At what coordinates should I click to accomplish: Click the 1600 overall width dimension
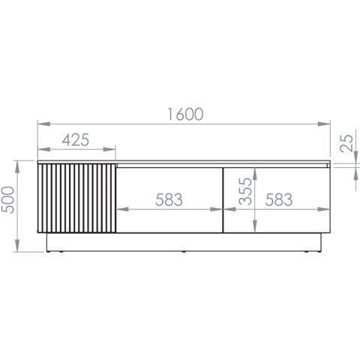coord(185,114)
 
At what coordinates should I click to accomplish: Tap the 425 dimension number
coord(76,139)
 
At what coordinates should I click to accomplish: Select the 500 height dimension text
coord(8,199)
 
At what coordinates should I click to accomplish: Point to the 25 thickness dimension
coord(346,143)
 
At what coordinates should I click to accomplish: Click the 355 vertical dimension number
coord(245,191)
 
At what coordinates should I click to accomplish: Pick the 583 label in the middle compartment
coord(169,199)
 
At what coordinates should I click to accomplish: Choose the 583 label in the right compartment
coord(279,199)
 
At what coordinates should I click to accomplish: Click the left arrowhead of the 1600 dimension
coord(43,124)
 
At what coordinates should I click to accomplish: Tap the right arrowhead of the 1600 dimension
coord(324,124)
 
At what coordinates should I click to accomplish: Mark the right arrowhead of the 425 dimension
coord(109,149)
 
